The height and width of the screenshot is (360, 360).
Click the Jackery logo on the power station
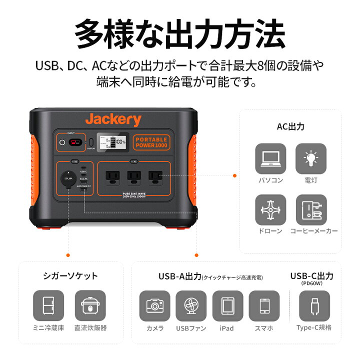click(113, 120)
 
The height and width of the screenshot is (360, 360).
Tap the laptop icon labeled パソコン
click(270, 158)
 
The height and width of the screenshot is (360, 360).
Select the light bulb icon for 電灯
click(311, 158)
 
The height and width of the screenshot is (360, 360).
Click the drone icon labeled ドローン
click(270, 209)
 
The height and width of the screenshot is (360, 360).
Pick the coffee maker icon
click(311, 209)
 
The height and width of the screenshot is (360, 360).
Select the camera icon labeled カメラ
click(154, 305)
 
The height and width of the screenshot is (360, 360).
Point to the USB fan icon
click(191, 305)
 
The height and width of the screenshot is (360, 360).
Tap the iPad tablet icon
click(227, 305)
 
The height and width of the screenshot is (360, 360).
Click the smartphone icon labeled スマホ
click(264, 305)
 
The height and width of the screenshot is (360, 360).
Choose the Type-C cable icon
click(313, 305)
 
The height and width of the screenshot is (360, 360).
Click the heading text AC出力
click(290, 127)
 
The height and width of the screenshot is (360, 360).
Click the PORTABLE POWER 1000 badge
click(151, 142)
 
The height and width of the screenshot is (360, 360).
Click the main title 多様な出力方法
click(180, 34)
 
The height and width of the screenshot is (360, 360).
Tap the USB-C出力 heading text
click(312, 275)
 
